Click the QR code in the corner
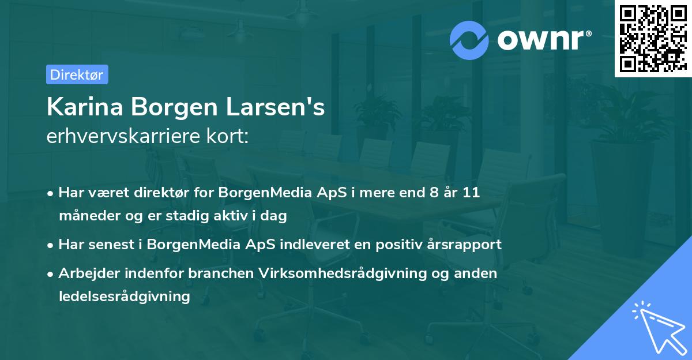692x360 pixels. pos(652,39)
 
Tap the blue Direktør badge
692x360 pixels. pos(77,74)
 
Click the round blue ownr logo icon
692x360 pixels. pos(469,40)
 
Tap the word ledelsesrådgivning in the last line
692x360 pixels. pos(124,297)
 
